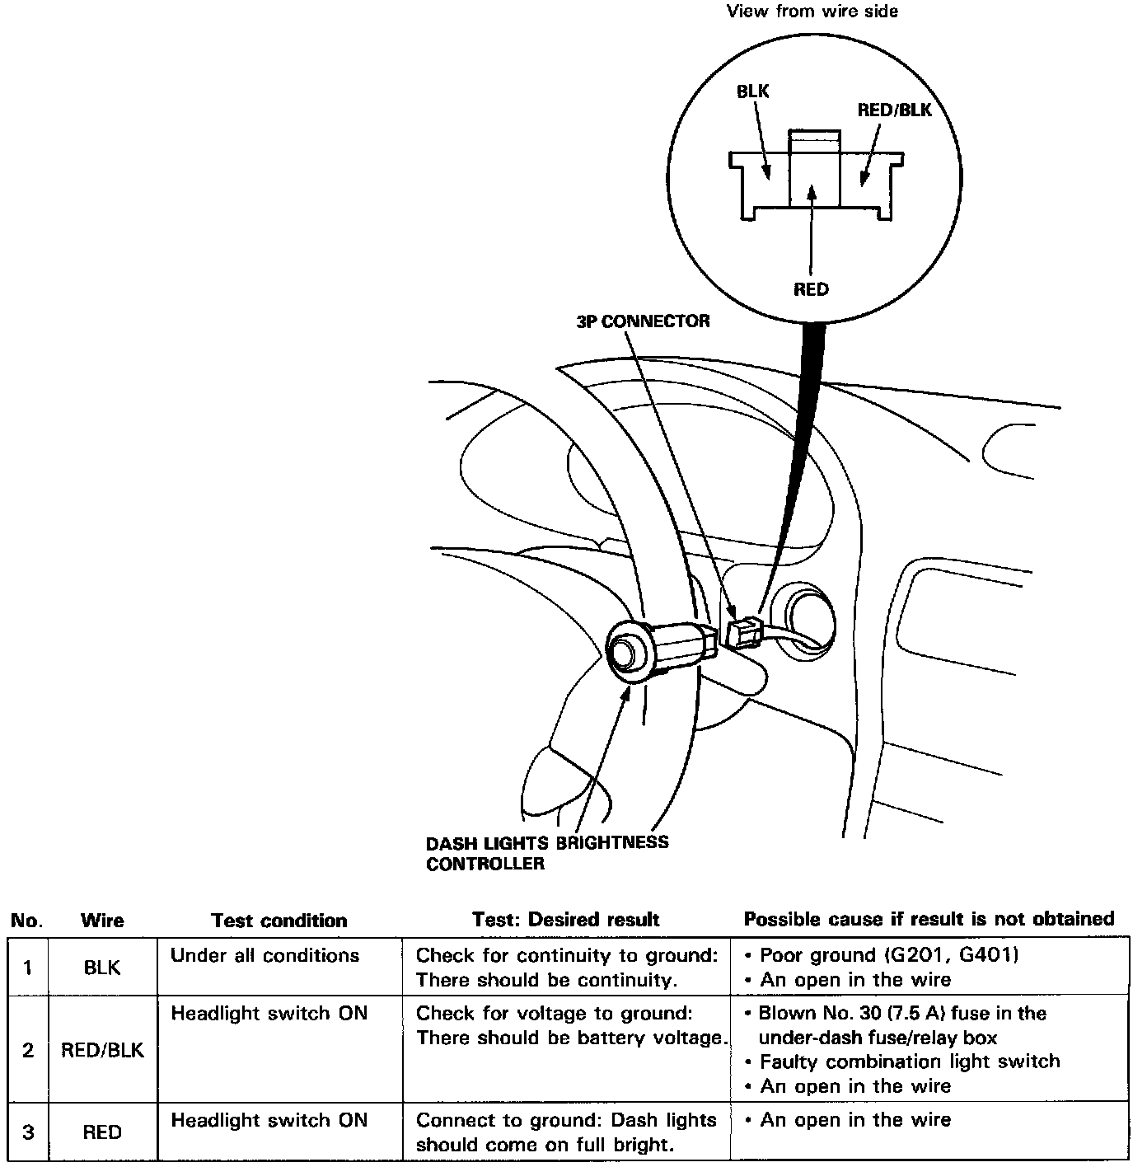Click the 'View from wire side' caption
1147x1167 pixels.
tap(812, 12)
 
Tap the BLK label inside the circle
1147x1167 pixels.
tap(752, 91)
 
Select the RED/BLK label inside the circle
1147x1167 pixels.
tap(894, 110)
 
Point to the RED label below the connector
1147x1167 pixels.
tap(811, 289)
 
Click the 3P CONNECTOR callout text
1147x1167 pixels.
tap(643, 321)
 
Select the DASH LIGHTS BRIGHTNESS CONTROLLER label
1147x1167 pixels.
tap(546, 853)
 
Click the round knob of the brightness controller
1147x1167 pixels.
tap(628, 653)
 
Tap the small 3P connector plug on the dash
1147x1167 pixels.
tap(744, 633)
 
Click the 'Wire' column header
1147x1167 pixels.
tap(102, 921)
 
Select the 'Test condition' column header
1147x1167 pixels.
tap(279, 921)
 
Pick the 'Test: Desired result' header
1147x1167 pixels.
tap(565, 920)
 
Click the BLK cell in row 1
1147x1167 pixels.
tap(102, 968)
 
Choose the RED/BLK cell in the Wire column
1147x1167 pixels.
tap(102, 1050)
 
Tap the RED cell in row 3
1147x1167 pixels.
tap(102, 1132)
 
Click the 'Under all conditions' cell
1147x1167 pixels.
tap(265, 956)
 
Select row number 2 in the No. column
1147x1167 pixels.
tap(28, 1050)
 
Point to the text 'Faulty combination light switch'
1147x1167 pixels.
tap(909, 1062)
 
